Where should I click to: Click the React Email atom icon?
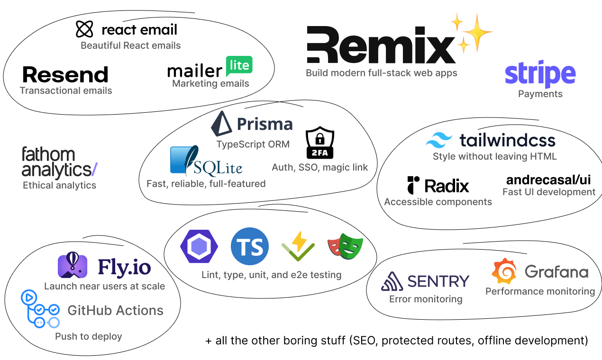pos(84,29)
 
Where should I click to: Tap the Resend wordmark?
pos(65,75)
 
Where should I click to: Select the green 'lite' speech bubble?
pos(239,66)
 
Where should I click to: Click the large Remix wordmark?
pos(381,45)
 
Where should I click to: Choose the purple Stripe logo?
pos(540,75)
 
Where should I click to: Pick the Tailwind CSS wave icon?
pos(439,140)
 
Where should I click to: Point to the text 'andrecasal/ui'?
pos(548,180)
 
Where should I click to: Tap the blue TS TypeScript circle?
pos(250,246)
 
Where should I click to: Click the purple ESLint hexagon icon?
pos(199,246)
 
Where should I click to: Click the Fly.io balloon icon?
pos(72,266)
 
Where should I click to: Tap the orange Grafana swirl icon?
pos(503,271)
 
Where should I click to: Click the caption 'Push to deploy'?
pos(89,336)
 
